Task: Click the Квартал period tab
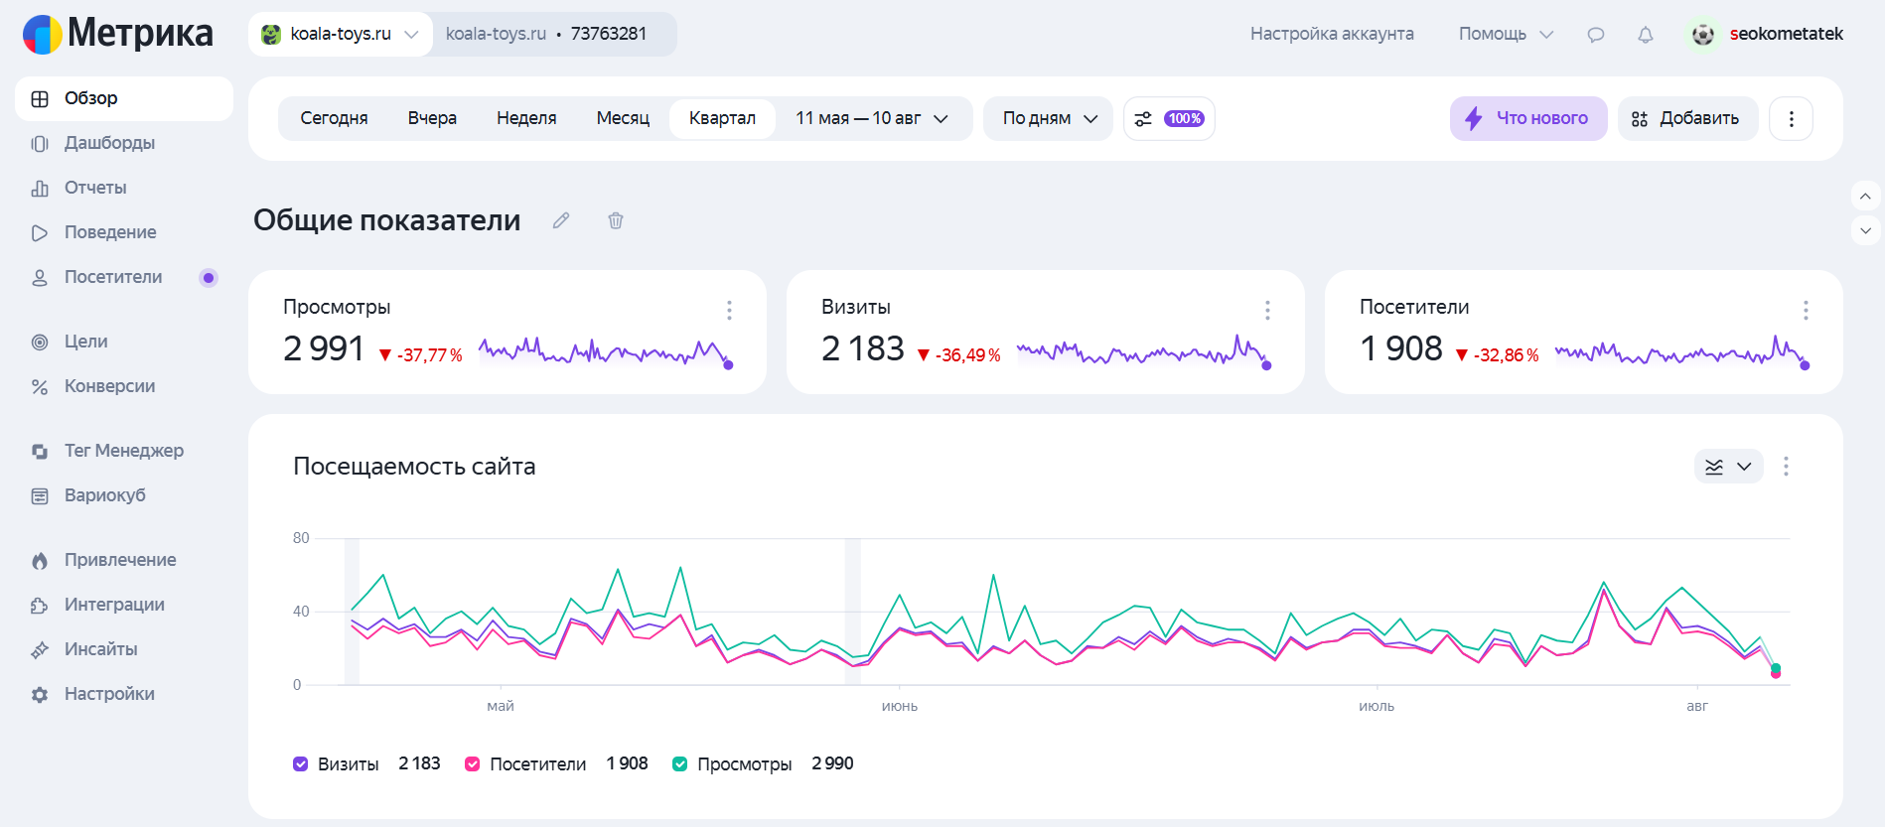point(722,118)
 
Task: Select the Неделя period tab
point(526,118)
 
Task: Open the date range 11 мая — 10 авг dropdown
point(872,118)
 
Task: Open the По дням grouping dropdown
point(1049,118)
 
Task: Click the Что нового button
point(1528,118)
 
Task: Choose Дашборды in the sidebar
point(109,143)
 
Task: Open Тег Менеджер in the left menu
point(123,451)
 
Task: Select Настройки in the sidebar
point(109,694)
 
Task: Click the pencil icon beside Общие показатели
point(561,220)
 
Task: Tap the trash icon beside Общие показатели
point(616,220)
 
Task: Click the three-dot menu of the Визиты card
point(1267,310)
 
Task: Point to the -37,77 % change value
point(429,354)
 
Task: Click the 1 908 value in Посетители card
point(1400,348)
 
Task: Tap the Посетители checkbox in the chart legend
point(473,763)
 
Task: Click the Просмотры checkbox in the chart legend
point(680,763)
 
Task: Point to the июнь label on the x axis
point(900,706)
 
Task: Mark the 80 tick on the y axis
point(301,538)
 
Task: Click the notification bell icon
point(1646,35)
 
